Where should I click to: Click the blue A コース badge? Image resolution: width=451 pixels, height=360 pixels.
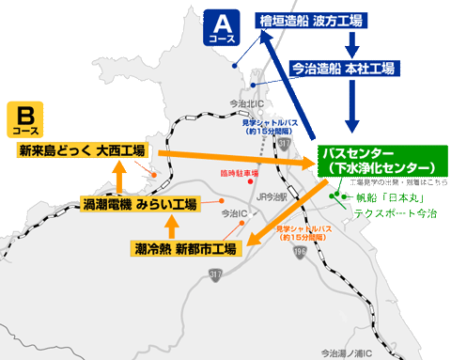tap(221, 28)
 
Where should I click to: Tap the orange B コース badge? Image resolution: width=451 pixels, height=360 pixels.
tap(26, 121)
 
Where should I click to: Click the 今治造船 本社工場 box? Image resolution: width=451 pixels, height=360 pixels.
tap(342, 69)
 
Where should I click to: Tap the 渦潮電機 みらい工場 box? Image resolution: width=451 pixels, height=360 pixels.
tap(139, 203)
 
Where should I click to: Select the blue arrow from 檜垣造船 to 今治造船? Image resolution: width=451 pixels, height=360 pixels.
tap(352, 44)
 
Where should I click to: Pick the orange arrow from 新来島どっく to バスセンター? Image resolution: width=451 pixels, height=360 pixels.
tap(235, 157)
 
